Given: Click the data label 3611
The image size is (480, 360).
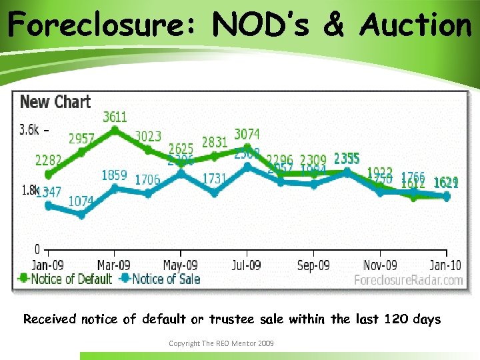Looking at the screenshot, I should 115,117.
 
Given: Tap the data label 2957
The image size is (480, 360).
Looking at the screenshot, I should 81,139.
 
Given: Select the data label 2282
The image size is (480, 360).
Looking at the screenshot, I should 48,160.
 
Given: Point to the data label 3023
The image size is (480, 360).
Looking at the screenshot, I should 148,136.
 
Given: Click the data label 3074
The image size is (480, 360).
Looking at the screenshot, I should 247,135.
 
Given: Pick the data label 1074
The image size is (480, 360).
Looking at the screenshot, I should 81,201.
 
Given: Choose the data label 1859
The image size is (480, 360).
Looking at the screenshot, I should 114,175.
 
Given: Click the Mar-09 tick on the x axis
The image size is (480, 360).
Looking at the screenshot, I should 114,265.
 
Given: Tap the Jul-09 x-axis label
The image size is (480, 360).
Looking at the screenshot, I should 247,265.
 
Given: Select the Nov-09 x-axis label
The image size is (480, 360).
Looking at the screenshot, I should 380,265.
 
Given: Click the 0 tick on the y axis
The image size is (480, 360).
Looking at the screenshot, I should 37,250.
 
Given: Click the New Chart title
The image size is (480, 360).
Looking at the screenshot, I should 55,102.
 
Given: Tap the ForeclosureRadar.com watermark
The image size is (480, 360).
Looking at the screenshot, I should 408,280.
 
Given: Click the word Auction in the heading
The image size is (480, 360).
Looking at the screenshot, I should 415,25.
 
